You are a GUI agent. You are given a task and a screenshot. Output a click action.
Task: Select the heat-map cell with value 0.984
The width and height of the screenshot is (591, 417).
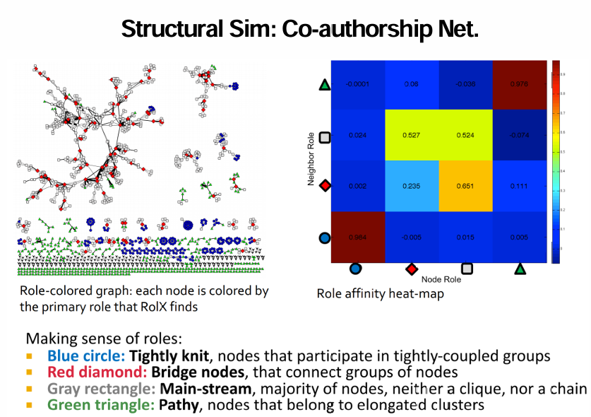(x=358, y=237)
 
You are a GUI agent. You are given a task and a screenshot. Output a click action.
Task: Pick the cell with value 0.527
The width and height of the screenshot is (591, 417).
(x=412, y=136)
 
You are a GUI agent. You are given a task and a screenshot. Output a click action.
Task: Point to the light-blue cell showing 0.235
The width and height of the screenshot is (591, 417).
(x=412, y=187)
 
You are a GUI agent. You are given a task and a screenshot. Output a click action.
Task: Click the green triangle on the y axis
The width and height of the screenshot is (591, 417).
(x=325, y=85)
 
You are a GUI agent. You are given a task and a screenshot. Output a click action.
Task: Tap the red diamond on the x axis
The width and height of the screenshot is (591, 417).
(x=411, y=269)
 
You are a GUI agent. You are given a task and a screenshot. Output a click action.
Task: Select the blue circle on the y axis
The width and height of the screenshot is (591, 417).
(x=325, y=237)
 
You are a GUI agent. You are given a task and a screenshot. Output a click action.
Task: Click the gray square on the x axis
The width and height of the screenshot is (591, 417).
(x=466, y=269)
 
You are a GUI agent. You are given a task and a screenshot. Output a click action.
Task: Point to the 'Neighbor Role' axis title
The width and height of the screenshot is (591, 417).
(x=310, y=159)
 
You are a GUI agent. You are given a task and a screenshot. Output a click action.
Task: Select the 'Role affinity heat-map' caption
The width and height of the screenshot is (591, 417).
(x=380, y=293)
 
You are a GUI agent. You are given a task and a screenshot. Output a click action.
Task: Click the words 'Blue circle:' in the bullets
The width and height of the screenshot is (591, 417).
(x=85, y=356)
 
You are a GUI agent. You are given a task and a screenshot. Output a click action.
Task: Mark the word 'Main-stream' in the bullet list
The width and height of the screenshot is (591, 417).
(x=199, y=388)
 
